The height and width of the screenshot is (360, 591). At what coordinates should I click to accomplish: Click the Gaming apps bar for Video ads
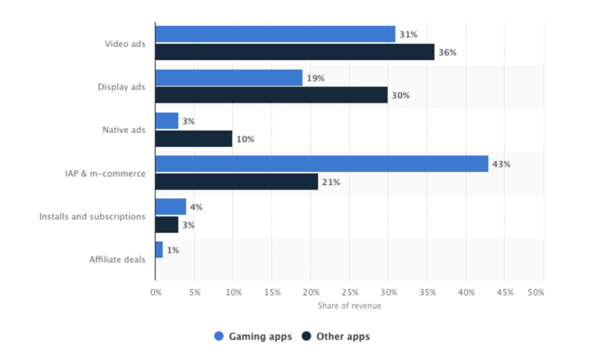(x=275, y=34)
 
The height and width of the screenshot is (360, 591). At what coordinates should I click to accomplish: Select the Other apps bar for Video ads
(x=294, y=52)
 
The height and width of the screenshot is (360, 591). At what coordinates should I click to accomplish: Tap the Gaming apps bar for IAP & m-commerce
(x=322, y=164)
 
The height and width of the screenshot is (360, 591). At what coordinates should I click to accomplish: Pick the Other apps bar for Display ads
(x=271, y=95)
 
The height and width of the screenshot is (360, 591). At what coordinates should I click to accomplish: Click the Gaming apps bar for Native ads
(x=167, y=121)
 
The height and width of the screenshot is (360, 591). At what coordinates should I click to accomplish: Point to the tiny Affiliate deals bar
(x=159, y=250)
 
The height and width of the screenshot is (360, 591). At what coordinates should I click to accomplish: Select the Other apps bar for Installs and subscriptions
(x=167, y=225)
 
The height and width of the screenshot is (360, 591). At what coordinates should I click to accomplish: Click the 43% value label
(x=502, y=164)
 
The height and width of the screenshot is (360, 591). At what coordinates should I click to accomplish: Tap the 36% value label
(x=447, y=52)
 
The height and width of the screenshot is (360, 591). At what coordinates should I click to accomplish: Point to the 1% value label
(x=173, y=250)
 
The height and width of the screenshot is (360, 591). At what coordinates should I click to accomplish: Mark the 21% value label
(x=331, y=182)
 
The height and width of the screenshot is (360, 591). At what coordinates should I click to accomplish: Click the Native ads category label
(x=124, y=130)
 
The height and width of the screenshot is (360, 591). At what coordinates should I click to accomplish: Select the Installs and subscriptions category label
(x=92, y=216)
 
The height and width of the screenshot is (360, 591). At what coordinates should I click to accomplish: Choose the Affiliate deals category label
(x=117, y=260)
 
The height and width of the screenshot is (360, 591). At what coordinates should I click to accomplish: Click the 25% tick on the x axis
(x=349, y=292)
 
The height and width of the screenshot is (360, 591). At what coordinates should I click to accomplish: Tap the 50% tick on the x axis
(x=535, y=292)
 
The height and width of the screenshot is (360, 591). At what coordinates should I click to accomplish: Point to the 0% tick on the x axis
(x=155, y=292)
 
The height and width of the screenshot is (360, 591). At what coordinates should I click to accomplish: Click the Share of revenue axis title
(x=349, y=306)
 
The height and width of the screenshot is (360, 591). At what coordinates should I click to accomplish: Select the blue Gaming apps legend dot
(x=219, y=337)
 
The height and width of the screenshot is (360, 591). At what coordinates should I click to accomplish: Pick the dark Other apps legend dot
(x=306, y=337)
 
